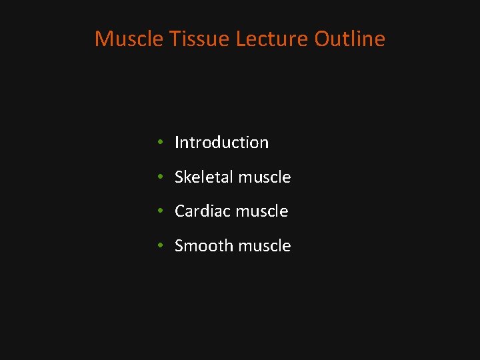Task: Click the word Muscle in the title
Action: point(129,39)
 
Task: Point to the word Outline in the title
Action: point(350,39)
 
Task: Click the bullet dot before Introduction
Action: point(161,143)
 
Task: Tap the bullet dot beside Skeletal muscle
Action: point(161,177)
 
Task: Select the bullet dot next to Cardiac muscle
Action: point(161,211)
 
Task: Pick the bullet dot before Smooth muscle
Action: point(161,246)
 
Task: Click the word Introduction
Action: point(221,143)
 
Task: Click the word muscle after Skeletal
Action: point(265,177)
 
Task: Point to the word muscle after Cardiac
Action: point(262,211)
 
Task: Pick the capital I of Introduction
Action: point(177,143)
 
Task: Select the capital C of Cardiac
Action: point(180,211)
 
